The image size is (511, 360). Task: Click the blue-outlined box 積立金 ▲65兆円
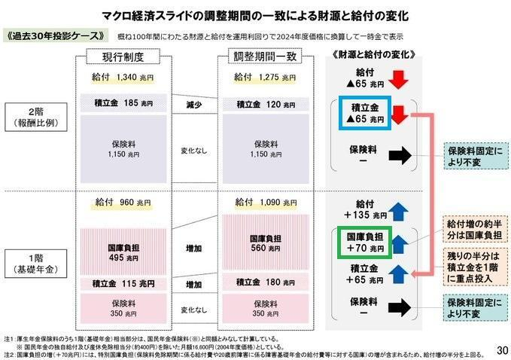363,113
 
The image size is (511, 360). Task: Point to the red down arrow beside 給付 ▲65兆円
399,79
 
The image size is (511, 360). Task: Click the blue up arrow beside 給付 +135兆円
399,209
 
